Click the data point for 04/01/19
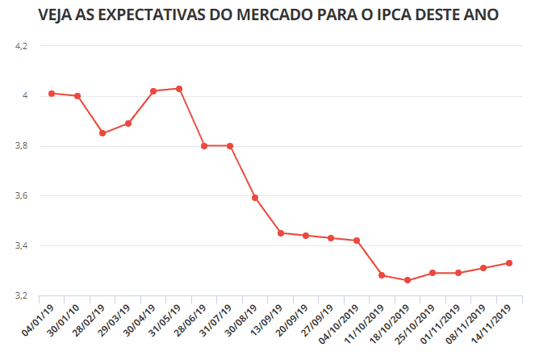52,94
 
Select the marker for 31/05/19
179,89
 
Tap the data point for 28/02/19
102,133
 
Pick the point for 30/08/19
255,198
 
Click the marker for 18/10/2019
408,280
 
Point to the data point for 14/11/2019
509,263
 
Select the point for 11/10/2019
382,275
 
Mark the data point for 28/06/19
204,146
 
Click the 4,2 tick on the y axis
21,46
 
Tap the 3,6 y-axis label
21,196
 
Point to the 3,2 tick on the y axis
21,296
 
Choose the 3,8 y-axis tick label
21,146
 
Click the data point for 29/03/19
128,123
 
